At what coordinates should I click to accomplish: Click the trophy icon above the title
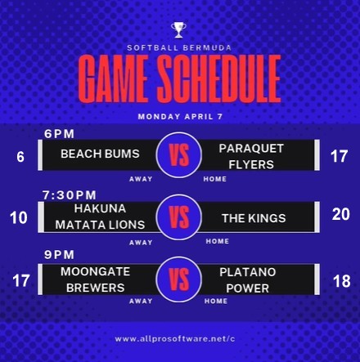[x=178, y=30]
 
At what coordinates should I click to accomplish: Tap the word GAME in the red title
[x=113, y=78]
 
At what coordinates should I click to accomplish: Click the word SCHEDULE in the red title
[x=218, y=78]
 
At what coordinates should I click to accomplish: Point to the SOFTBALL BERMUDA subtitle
[x=179, y=48]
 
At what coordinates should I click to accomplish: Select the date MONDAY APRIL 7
[x=180, y=117]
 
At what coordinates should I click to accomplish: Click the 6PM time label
[x=59, y=134]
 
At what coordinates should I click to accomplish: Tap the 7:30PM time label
[x=70, y=195]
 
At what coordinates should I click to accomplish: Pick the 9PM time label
[x=59, y=255]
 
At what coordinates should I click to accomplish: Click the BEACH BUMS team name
[x=100, y=154]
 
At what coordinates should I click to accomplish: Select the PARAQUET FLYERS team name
[x=251, y=156]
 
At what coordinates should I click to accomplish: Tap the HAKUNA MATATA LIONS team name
[x=100, y=217]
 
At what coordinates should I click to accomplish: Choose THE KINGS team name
[x=254, y=218]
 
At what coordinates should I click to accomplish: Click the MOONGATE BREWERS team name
[x=96, y=279]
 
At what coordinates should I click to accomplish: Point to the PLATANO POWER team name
[x=248, y=280]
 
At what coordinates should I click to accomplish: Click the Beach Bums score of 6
[x=20, y=157]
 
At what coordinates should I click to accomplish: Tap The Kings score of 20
[x=341, y=214]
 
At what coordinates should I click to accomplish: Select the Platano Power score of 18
[x=342, y=281]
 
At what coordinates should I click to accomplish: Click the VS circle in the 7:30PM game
[x=179, y=217]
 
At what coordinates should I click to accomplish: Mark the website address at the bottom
[x=175, y=339]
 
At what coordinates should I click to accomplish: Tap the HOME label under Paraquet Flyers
[x=215, y=179]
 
